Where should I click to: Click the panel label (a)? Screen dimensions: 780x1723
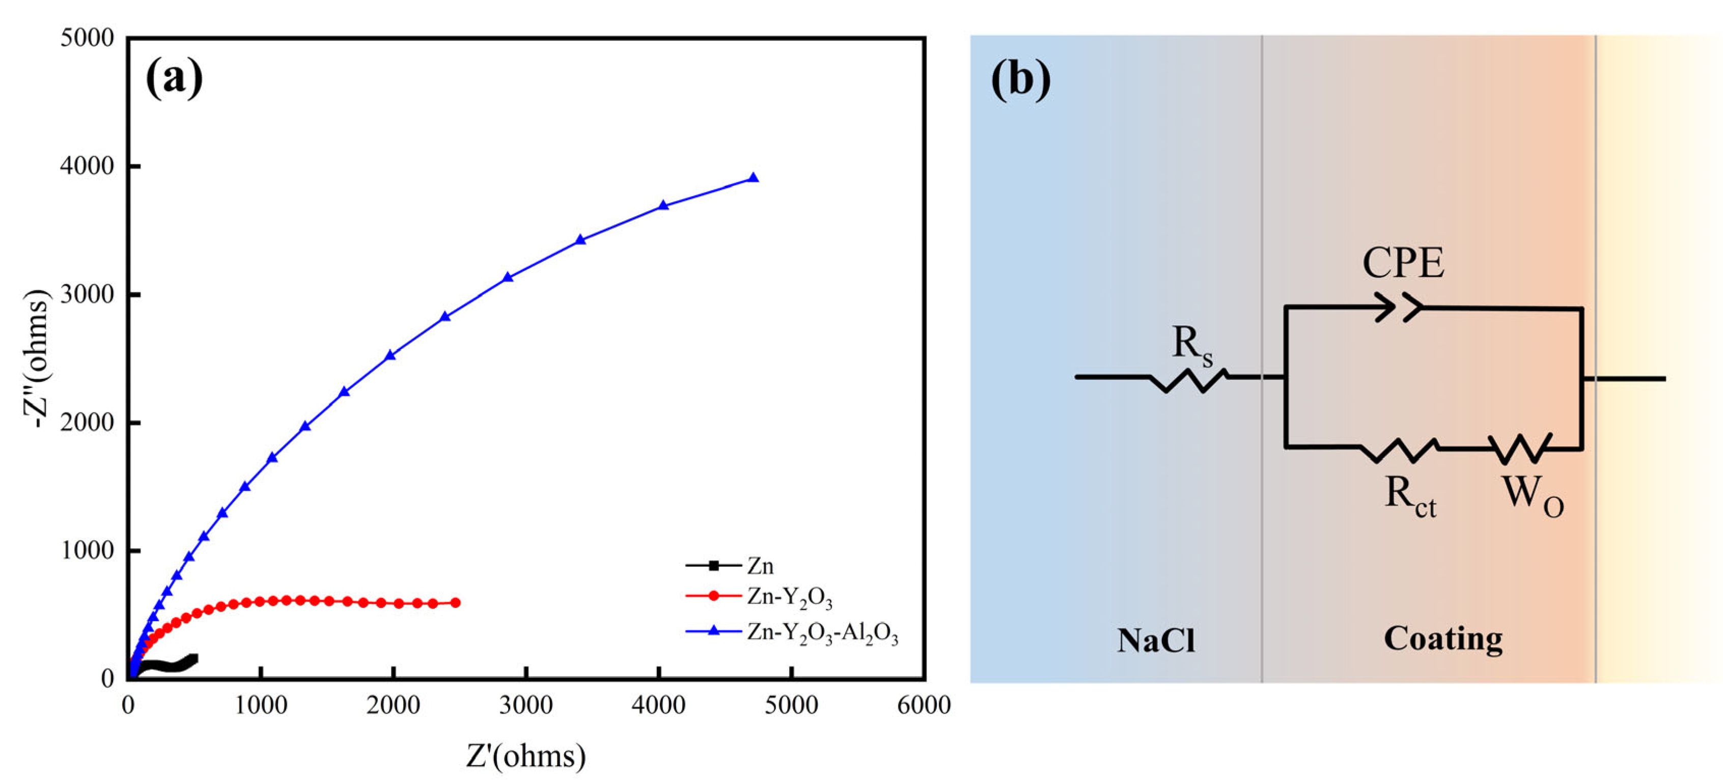(174, 78)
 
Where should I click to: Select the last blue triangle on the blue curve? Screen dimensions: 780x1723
(753, 178)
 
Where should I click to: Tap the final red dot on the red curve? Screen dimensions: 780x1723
(456, 603)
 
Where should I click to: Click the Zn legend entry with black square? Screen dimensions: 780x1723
(729, 566)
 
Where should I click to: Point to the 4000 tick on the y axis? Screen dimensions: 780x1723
(88, 166)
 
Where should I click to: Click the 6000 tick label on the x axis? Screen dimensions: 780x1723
(924, 706)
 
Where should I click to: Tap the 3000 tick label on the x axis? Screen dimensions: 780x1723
(526, 706)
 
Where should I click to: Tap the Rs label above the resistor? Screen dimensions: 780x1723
(1192, 346)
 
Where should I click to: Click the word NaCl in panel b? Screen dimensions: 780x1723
(1155, 640)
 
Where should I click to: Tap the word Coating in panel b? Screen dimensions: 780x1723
(1443, 639)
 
